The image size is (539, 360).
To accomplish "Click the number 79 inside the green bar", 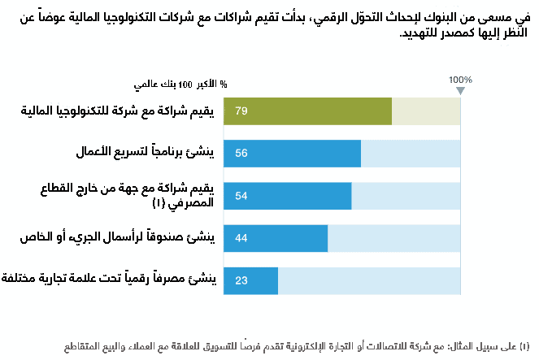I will pos(241,111).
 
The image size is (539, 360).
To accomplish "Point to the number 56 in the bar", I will pos(241,153).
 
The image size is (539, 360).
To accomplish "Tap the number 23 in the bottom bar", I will pos(241,280).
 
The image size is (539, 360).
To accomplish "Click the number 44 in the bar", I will pos(241,238).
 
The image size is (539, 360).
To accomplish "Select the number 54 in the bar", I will pos(241,196).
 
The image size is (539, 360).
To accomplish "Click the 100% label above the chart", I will pos(460,80).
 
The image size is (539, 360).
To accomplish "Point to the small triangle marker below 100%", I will pos(460,89).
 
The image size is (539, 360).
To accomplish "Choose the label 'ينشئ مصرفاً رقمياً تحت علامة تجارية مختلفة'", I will pos(110,280).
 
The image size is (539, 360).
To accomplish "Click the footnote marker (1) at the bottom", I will pos(525,347).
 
